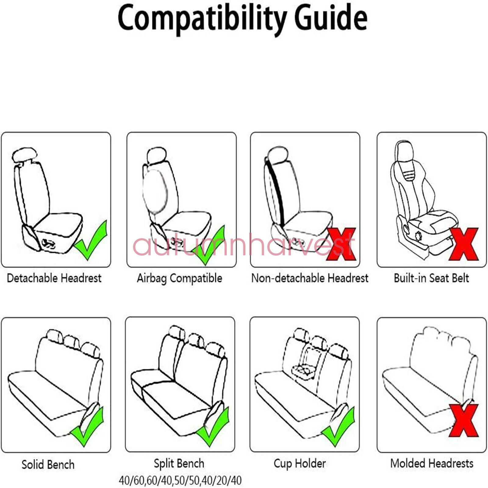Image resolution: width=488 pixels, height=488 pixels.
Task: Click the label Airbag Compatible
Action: click(x=179, y=278)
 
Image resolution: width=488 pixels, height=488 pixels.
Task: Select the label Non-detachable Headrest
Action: click(x=310, y=278)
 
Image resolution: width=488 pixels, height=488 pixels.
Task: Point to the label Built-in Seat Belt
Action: click(x=431, y=278)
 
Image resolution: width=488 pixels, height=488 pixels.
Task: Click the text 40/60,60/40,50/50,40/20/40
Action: click(x=180, y=480)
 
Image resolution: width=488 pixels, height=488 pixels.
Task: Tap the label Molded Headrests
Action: click(x=432, y=464)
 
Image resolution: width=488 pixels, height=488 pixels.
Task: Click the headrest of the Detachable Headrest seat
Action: click(x=24, y=155)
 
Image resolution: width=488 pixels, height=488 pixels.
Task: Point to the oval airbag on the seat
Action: click(x=155, y=191)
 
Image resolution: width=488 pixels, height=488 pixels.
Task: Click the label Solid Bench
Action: click(x=48, y=465)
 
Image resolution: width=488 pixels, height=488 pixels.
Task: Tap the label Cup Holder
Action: click(x=300, y=464)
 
